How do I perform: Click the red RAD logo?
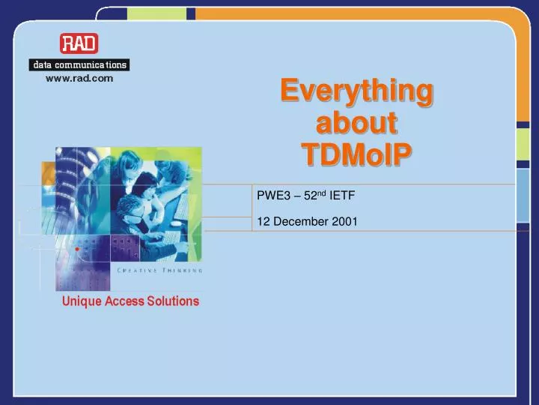point(79,43)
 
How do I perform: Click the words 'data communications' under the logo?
point(79,64)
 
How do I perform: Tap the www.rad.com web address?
point(79,78)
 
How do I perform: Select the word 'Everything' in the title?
point(356,91)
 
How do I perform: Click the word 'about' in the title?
point(356,123)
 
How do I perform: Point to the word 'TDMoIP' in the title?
point(356,154)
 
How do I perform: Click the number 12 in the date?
point(262,221)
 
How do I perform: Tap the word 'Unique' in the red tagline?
point(81,301)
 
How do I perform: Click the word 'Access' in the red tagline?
point(128,301)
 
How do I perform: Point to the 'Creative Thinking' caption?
point(159,269)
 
